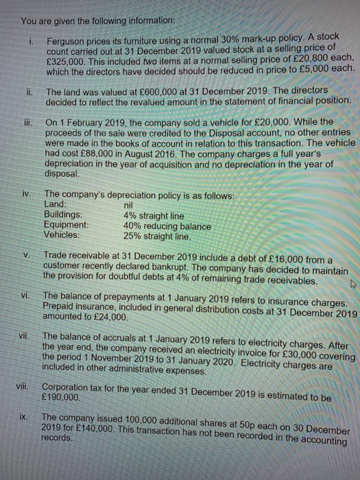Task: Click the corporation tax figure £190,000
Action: coord(68,406)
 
